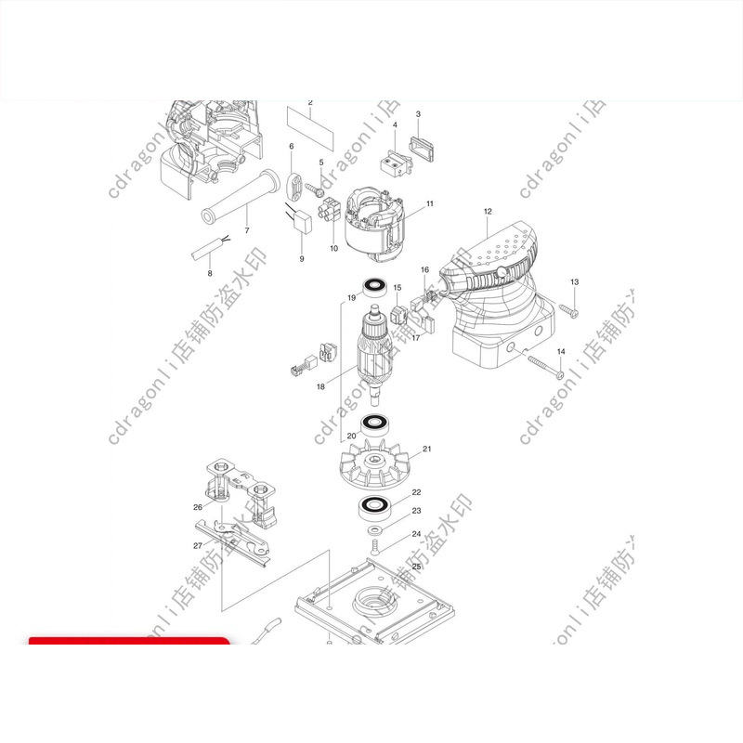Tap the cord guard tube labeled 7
(x=237, y=199)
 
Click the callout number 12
(x=487, y=212)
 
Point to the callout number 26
(x=198, y=507)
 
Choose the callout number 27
(x=198, y=545)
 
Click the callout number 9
(x=301, y=259)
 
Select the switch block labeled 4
(x=393, y=164)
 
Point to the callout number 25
(x=417, y=566)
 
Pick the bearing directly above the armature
(x=375, y=287)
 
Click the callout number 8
(x=210, y=273)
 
